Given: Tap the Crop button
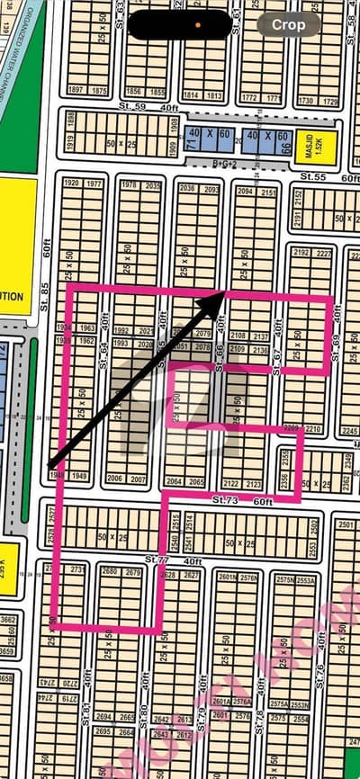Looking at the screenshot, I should (288, 24).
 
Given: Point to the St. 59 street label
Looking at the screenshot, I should (139, 106).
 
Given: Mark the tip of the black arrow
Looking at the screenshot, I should (223, 293).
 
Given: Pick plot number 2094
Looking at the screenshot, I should (244, 191).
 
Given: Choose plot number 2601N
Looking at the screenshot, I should (225, 578).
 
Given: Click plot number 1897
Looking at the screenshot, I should (75, 91).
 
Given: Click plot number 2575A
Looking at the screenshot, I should (277, 704).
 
